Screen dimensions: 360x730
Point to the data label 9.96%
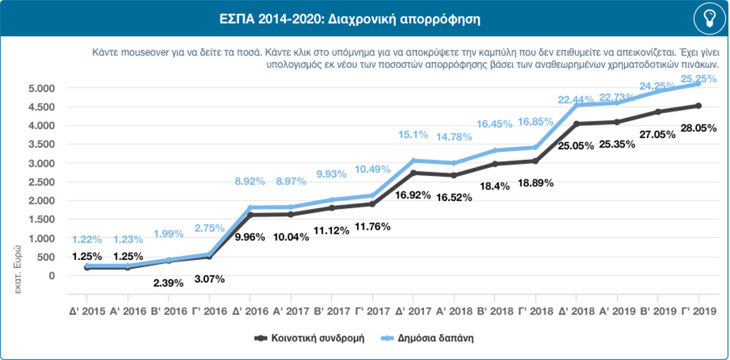point(250,236)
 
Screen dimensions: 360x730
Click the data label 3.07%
point(210,278)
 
